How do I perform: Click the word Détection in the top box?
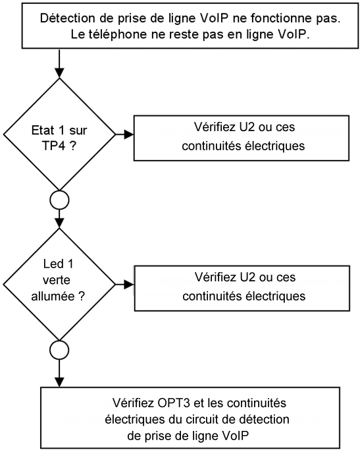(x=68, y=18)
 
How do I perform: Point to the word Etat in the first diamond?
(x=43, y=130)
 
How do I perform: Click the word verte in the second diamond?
(x=57, y=280)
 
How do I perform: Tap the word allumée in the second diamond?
(x=53, y=296)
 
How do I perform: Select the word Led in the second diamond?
(x=51, y=264)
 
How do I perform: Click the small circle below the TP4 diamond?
(x=59, y=200)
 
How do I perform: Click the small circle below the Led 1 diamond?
(x=59, y=350)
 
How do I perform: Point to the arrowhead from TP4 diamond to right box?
(x=129, y=134)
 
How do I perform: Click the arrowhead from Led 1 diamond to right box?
(x=130, y=285)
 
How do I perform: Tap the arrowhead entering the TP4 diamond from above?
(x=59, y=74)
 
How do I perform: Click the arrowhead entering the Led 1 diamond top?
(x=59, y=223)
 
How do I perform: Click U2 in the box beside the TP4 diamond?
(x=247, y=127)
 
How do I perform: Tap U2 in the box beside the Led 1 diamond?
(x=247, y=277)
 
